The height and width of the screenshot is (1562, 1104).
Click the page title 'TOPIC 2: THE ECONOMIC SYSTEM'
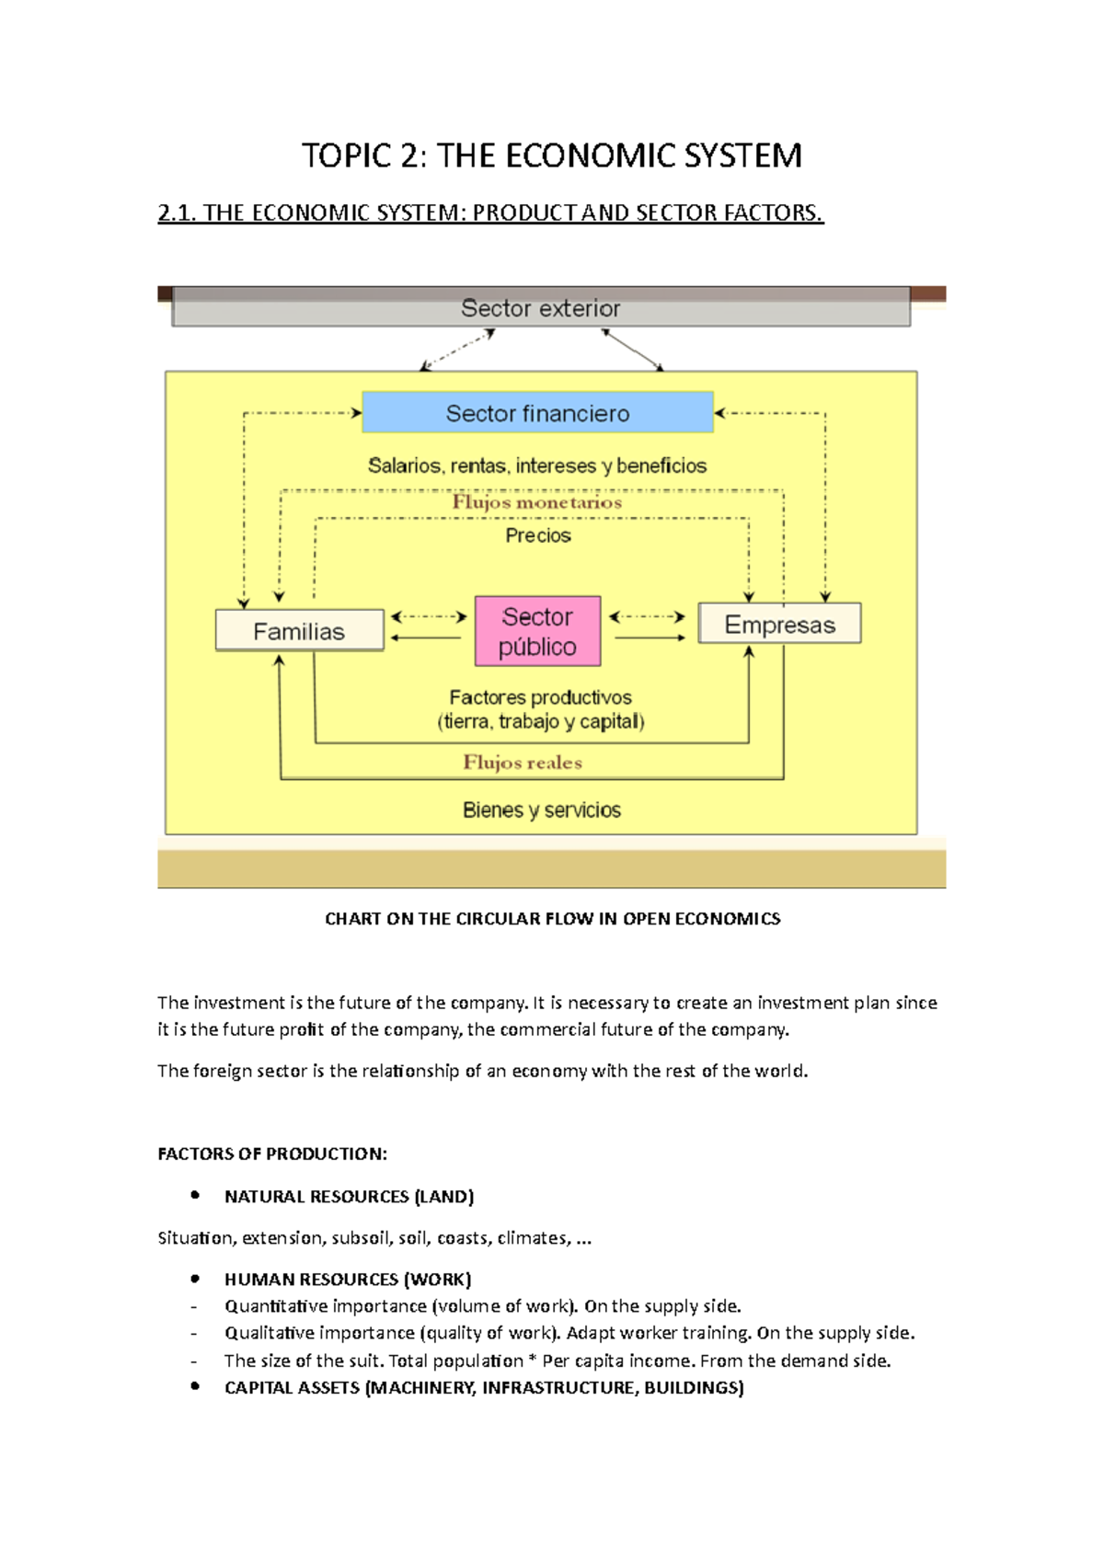(552, 155)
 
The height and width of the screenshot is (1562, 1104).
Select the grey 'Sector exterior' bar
(541, 309)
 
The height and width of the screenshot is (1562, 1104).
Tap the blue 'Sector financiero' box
(537, 413)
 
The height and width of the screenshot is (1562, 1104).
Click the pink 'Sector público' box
(537, 631)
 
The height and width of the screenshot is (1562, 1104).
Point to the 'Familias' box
(299, 631)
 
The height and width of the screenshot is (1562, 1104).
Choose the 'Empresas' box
(779, 625)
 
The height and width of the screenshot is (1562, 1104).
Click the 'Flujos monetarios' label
(536, 502)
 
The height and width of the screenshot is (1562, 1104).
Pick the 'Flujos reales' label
(523, 762)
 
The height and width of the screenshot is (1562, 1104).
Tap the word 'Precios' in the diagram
(538, 535)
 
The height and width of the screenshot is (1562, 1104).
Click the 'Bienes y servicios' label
(541, 810)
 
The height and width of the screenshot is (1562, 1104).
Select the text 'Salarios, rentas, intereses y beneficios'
(537, 465)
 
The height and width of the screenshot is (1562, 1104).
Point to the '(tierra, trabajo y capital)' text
(541, 721)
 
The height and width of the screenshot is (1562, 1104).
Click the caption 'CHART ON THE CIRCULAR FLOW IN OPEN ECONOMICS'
(552, 918)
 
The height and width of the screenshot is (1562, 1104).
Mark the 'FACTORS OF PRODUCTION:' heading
(272, 1154)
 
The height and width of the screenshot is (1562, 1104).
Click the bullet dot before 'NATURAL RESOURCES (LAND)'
(195, 1195)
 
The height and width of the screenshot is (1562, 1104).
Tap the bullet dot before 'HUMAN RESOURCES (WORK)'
(195, 1278)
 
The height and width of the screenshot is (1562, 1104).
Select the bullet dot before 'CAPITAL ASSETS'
(195, 1386)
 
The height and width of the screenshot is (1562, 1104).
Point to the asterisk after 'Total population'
(533, 1359)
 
